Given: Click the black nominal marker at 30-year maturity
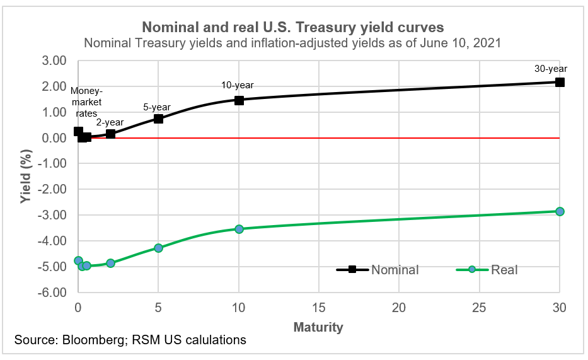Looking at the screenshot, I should click(560, 82).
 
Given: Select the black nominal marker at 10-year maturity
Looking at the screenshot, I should click(239, 100).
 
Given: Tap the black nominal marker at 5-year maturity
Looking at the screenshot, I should click(158, 119).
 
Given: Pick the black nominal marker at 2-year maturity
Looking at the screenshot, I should click(110, 134).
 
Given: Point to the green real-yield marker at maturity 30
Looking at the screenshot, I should click(560, 211).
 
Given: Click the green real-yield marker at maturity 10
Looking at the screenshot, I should click(239, 229).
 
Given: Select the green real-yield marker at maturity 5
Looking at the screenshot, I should click(158, 248).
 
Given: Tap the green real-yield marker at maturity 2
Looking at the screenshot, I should click(110, 263).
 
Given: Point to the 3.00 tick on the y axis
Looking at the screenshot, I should click(54, 61).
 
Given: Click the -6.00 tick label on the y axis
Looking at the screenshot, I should click(52, 293).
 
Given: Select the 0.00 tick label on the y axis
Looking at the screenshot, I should click(54, 138).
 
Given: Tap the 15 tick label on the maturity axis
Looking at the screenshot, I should click(319, 308).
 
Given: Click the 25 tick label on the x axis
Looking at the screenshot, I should click(479, 308).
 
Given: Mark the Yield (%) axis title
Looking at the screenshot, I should click(25, 177).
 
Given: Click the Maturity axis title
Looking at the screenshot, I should click(318, 327).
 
